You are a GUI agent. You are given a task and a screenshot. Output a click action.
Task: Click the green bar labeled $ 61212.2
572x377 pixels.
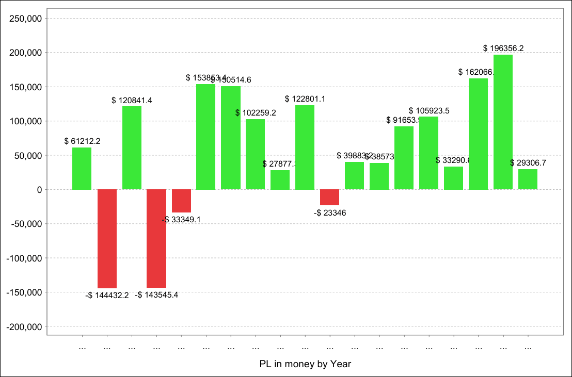82,169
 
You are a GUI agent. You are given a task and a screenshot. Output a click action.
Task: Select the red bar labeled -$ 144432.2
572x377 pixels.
107,239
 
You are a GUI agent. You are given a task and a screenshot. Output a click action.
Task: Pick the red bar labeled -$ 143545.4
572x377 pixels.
156,238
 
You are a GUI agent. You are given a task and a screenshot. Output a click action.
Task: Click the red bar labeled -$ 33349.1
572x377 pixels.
181,201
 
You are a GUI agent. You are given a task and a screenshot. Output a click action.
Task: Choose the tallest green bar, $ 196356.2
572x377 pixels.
503,122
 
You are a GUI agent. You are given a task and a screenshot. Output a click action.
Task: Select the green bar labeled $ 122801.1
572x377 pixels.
305,147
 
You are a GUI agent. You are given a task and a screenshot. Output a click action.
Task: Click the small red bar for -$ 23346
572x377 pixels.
329,198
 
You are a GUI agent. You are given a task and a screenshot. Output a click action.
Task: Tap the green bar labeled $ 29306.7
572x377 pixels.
528,179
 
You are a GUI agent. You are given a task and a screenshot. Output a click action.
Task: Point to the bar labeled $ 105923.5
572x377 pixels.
428,153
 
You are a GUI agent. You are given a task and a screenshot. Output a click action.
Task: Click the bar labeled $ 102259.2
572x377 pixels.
255,154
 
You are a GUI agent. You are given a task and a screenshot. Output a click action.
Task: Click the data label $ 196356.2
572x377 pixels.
503,48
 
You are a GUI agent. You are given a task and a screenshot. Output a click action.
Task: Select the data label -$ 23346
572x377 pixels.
329,212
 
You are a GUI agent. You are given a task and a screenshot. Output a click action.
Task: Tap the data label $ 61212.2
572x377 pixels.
82,141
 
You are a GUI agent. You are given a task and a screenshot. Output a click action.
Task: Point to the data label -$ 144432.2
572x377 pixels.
107,296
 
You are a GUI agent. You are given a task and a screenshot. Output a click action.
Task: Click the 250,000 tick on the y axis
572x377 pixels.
26,19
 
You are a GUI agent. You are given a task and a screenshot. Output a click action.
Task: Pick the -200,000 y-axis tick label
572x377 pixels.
24,326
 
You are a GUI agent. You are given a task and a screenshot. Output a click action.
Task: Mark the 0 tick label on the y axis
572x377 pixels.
39,190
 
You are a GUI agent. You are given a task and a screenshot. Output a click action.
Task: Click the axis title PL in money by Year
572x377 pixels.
305,364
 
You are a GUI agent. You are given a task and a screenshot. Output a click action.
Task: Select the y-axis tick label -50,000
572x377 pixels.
26,224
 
